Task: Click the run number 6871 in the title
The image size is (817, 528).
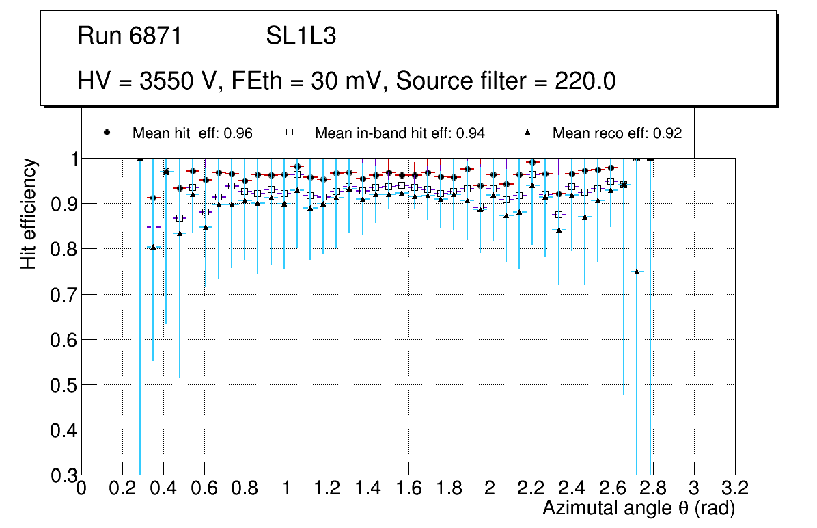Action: pos(156,36)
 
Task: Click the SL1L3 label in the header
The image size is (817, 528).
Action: pos(301,36)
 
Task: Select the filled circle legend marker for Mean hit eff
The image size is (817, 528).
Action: pos(107,133)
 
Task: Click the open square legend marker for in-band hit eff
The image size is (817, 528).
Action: pos(289,133)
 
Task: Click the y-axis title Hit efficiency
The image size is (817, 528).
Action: pos(29,213)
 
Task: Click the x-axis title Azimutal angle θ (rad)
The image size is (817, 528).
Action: pos(638,508)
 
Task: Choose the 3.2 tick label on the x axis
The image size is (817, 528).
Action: pos(734,488)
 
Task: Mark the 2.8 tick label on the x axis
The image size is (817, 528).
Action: pos(653,488)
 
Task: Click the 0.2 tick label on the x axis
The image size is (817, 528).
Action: pos(122,488)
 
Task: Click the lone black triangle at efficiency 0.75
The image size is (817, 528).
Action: pos(637,272)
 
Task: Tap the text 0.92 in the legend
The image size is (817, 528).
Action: pos(667,133)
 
